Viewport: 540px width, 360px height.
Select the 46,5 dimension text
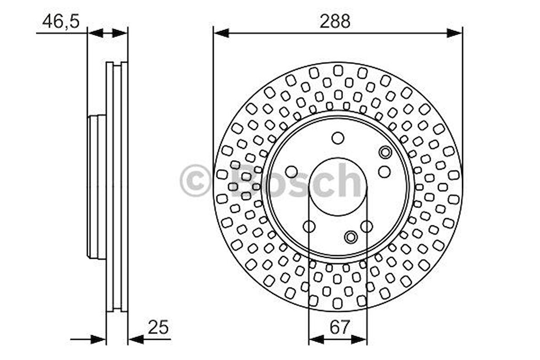coord(60,22)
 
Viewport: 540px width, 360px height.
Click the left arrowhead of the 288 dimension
coord(221,33)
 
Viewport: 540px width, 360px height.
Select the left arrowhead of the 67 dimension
coord(316,339)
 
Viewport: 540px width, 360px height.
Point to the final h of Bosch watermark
coord(351,180)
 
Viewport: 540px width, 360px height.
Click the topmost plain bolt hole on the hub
coord(338,137)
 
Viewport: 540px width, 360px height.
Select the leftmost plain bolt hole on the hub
coord(292,172)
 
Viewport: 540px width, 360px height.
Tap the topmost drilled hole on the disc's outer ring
coord(338,70)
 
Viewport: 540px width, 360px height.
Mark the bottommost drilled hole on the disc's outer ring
coord(337,303)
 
